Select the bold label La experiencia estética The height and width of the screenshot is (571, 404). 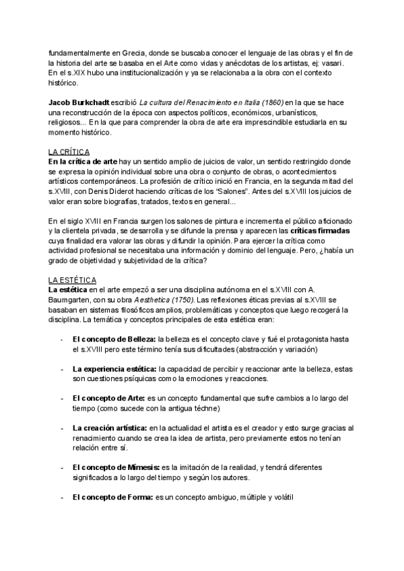click(x=115, y=369)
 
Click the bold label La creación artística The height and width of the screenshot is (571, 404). click(x=109, y=428)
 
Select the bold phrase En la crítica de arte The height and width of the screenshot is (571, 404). click(x=83, y=162)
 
